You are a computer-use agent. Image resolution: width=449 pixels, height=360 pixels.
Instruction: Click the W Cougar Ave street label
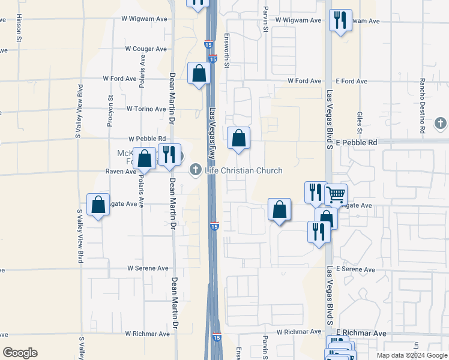coord(146,49)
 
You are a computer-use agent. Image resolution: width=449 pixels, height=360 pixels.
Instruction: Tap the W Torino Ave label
coord(146,109)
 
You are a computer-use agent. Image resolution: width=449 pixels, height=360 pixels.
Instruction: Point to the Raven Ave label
coord(122,172)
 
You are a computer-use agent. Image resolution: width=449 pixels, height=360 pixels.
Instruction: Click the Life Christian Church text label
coord(243,170)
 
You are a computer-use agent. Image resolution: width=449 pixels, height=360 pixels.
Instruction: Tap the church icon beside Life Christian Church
coord(194,170)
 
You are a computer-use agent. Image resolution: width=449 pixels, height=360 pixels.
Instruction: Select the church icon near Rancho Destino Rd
coord(440,124)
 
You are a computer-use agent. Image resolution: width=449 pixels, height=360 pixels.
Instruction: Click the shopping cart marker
coord(336,194)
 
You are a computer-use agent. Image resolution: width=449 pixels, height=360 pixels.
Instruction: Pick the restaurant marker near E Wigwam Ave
coord(340,20)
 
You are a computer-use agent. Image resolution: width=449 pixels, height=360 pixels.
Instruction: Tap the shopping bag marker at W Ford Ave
coord(199,74)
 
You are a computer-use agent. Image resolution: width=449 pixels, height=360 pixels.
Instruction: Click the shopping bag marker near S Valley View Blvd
coord(98,205)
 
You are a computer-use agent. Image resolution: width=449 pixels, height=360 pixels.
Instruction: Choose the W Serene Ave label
coord(147,268)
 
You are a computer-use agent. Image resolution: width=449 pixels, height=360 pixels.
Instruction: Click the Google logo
coord(20,353)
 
